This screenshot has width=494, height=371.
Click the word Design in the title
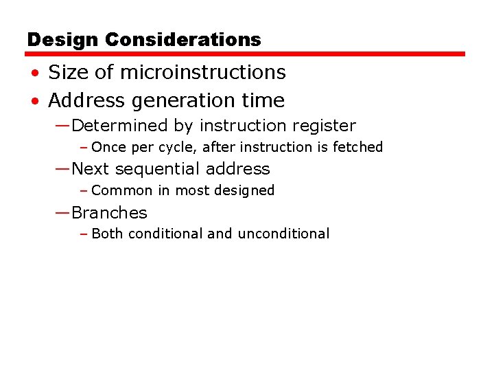click(x=63, y=40)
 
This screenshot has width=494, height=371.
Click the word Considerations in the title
click(x=183, y=40)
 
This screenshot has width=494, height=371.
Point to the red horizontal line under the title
click(x=246, y=54)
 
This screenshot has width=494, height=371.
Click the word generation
click(x=175, y=101)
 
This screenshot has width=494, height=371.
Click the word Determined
click(x=119, y=126)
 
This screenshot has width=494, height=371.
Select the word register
click(x=322, y=126)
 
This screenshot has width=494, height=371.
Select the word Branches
click(x=109, y=213)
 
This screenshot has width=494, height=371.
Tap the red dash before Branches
click(x=62, y=213)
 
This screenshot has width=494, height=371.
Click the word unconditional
click(x=283, y=234)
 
